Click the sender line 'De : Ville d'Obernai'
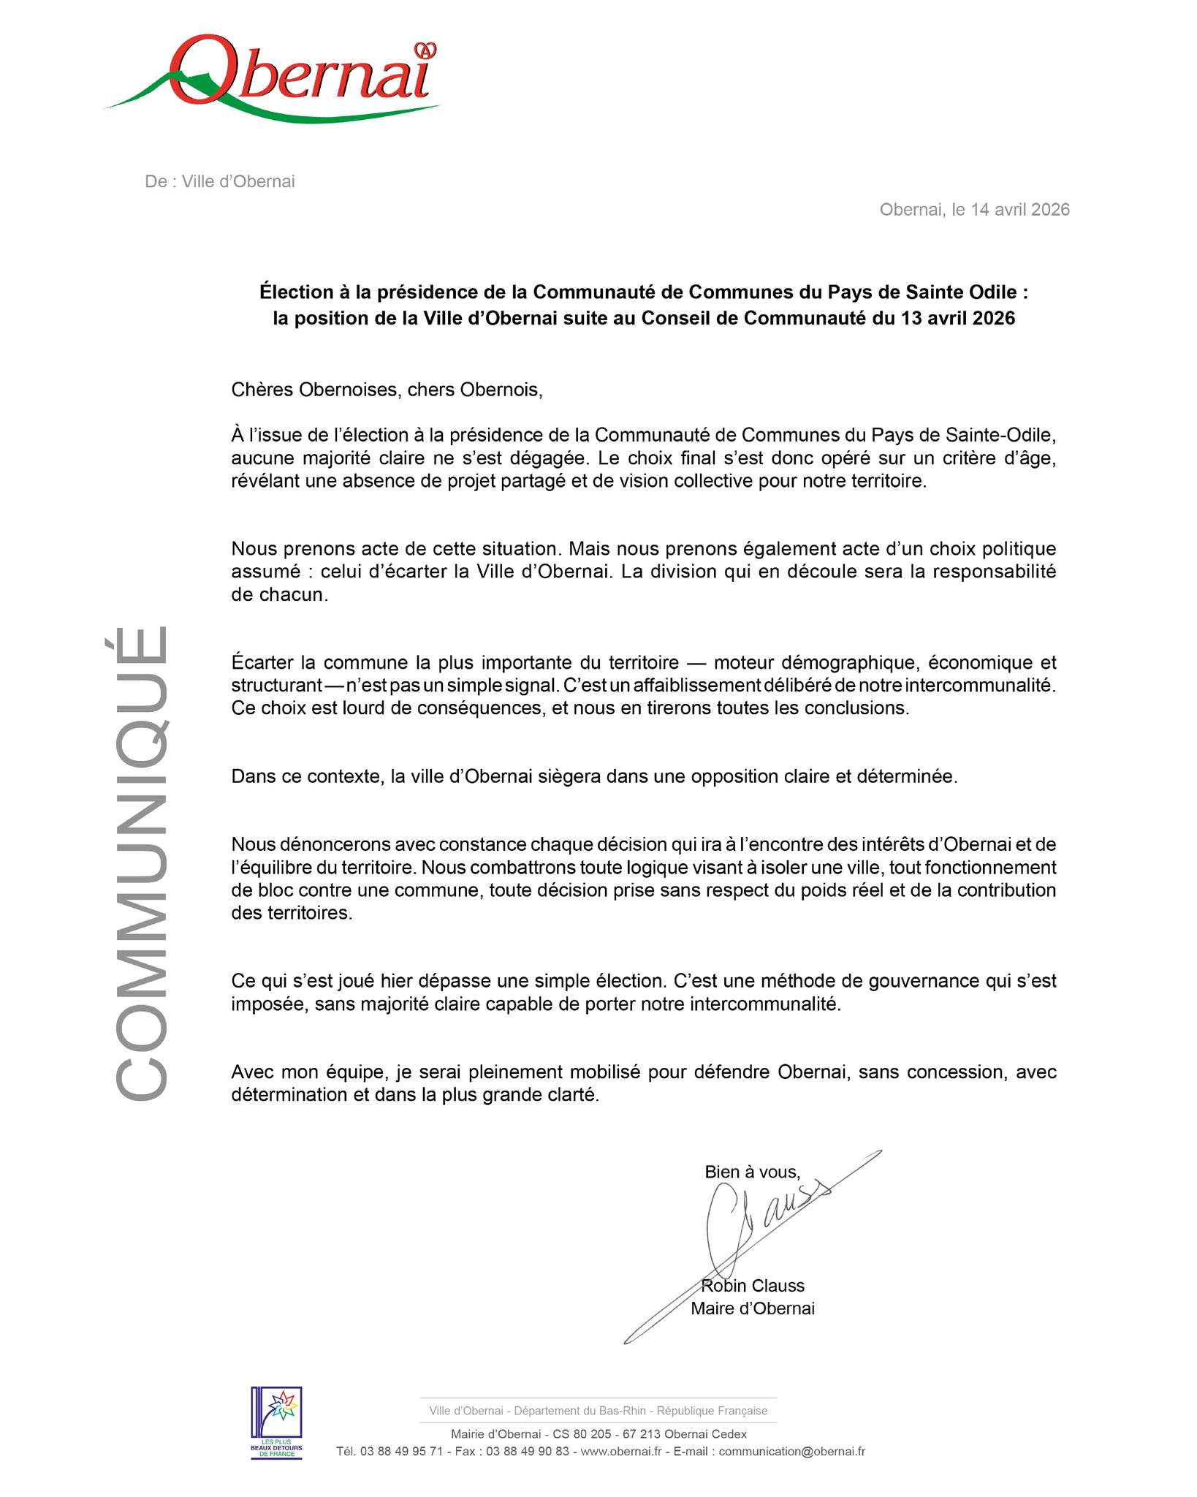tap(220, 182)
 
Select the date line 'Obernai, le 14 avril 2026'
tap(974, 210)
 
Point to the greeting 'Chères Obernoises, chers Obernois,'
tap(387, 390)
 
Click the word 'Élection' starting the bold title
tap(294, 292)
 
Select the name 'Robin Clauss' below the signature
tap(753, 1286)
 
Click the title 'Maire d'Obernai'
tap(753, 1308)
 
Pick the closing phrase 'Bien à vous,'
tap(752, 1172)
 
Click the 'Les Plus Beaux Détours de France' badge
tap(276, 1422)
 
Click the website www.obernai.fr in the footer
tap(621, 1452)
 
